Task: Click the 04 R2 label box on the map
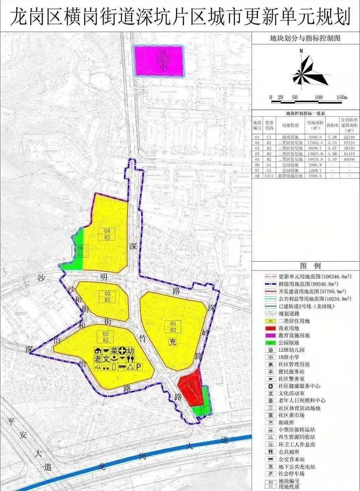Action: coord(107,234)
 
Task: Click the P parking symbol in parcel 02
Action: coord(138,367)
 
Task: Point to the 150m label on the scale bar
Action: coord(342,97)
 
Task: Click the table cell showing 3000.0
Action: coord(314,137)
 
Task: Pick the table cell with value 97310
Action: coord(349,143)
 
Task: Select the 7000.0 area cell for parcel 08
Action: coord(314,176)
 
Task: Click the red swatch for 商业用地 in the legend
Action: coord(270,328)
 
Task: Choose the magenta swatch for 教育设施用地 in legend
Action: coord(270,335)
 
